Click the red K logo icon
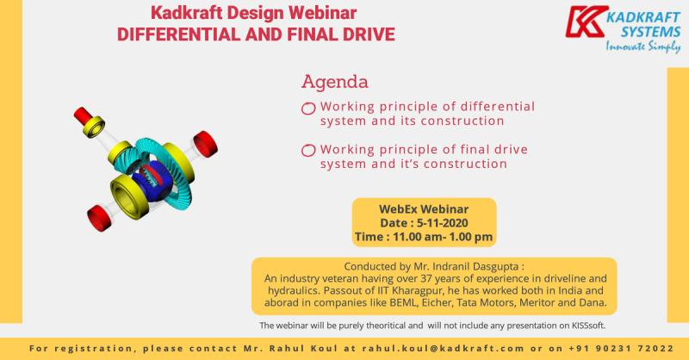point(587,22)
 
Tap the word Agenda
point(335,82)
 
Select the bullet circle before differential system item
point(308,109)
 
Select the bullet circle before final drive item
point(308,151)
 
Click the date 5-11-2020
point(443,223)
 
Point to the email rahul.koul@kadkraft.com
point(443,349)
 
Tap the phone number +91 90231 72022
point(621,349)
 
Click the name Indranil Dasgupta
point(475,266)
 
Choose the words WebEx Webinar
point(424,209)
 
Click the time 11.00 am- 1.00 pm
point(443,237)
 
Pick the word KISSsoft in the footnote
point(588,326)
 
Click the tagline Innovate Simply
point(642,47)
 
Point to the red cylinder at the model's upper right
point(205,144)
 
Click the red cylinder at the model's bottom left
point(99,218)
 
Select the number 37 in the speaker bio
point(426,279)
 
